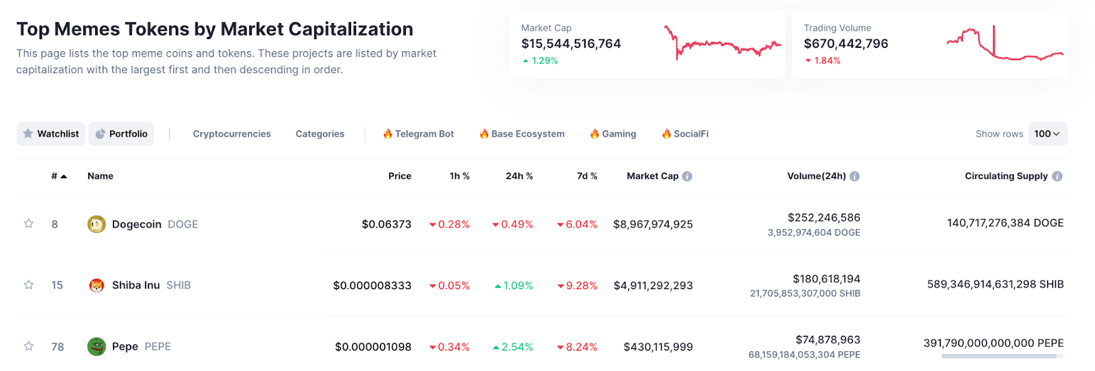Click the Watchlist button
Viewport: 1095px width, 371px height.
click(x=51, y=134)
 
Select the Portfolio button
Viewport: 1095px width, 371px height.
click(x=121, y=134)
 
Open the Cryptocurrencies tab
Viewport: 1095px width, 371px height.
click(x=231, y=134)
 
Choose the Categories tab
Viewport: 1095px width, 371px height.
click(x=320, y=134)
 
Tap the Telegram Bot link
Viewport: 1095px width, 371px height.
click(x=418, y=134)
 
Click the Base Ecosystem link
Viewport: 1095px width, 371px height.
click(x=521, y=134)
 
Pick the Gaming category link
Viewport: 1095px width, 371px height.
click(x=613, y=134)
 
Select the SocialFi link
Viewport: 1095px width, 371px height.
click(x=685, y=134)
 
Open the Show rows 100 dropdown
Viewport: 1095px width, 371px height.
click(x=1047, y=134)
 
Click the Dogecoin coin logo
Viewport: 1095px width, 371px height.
click(x=96, y=224)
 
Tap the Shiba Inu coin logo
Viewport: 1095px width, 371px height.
click(x=96, y=285)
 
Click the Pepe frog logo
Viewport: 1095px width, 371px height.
click(x=96, y=346)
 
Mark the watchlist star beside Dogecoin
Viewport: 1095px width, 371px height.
click(x=29, y=223)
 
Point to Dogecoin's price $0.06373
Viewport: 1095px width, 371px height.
click(x=387, y=224)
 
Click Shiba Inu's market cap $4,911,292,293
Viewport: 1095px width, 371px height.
click(x=653, y=286)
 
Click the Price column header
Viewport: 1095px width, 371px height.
click(x=400, y=176)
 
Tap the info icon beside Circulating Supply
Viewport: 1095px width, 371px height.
click(x=1057, y=176)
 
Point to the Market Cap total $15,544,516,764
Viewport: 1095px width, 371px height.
click(x=571, y=44)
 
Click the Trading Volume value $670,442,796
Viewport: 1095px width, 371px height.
click(x=846, y=44)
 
